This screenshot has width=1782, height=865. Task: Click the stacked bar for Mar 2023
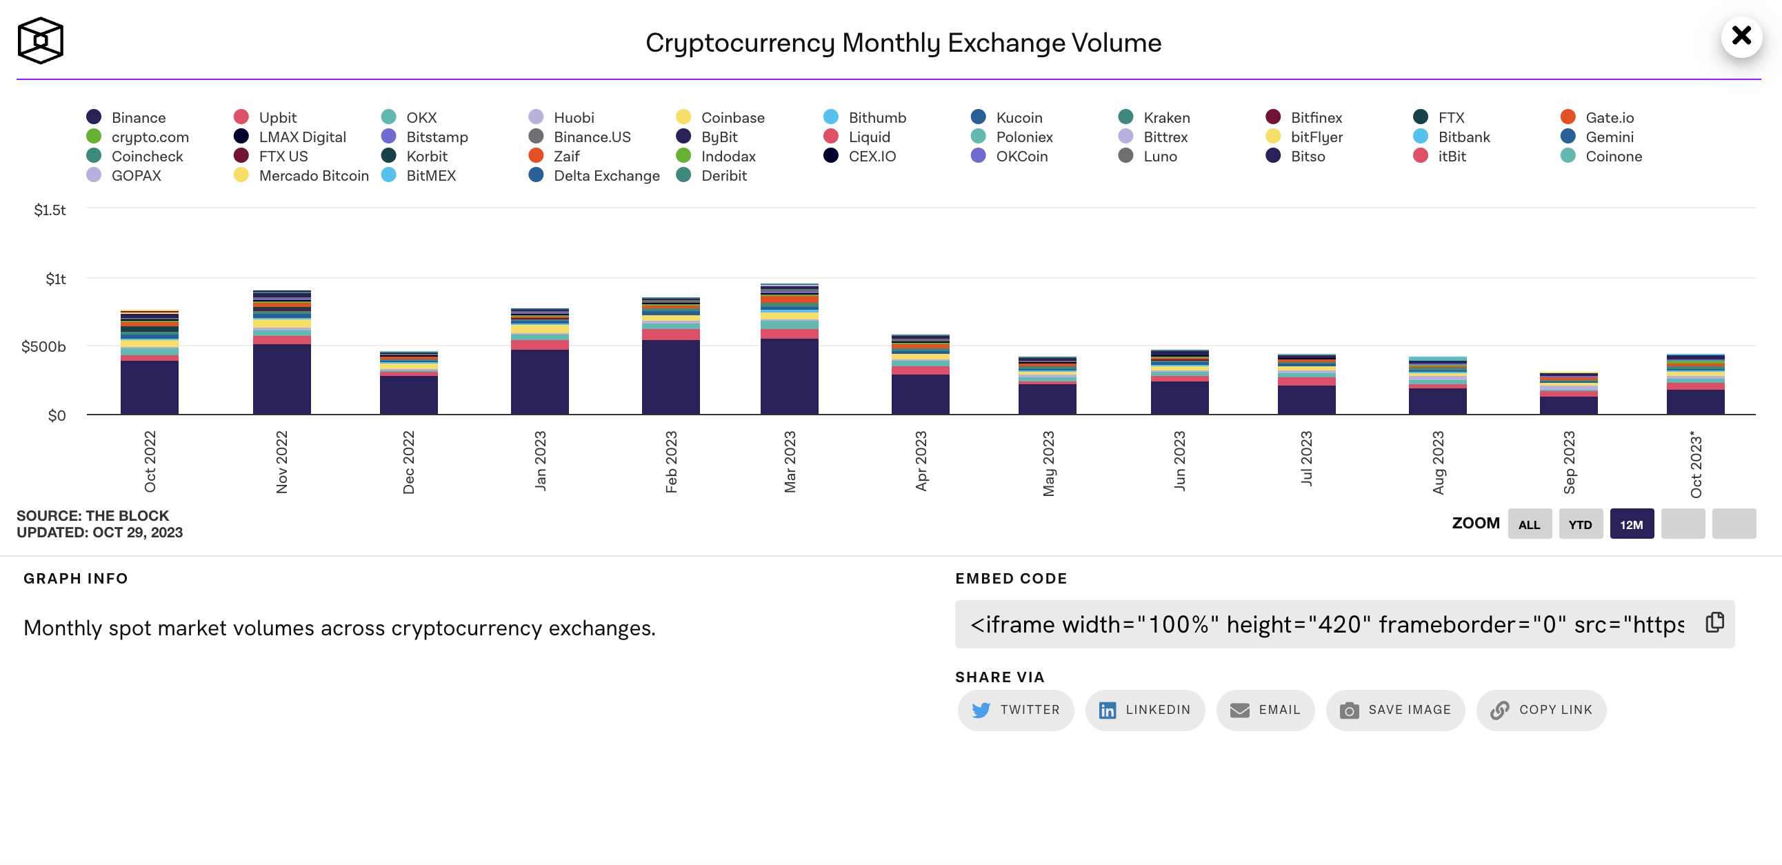click(x=790, y=350)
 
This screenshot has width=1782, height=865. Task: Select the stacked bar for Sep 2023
click(x=1568, y=394)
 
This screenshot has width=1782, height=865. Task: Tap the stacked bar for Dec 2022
click(x=409, y=384)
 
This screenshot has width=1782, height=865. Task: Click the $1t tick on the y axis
click(x=55, y=279)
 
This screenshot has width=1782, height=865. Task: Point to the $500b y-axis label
click(x=43, y=347)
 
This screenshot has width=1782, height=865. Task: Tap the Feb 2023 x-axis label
click(x=671, y=461)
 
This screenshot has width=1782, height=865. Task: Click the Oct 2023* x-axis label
click(x=1696, y=464)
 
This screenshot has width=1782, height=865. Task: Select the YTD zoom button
click(x=1580, y=524)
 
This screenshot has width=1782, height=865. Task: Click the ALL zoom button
click(x=1529, y=524)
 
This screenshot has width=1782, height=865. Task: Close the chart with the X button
click(x=1741, y=36)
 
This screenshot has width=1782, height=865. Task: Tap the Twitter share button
click(x=1016, y=710)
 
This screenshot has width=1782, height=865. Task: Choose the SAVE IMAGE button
click(x=1395, y=710)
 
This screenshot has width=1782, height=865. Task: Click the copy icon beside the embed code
click(x=1714, y=623)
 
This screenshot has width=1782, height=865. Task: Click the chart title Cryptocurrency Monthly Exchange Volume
click(x=903, y=43)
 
